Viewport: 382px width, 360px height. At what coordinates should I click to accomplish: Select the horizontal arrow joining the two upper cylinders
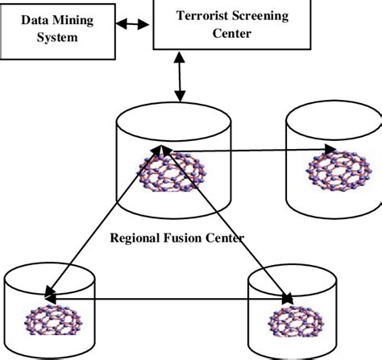[x=250, y=149]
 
